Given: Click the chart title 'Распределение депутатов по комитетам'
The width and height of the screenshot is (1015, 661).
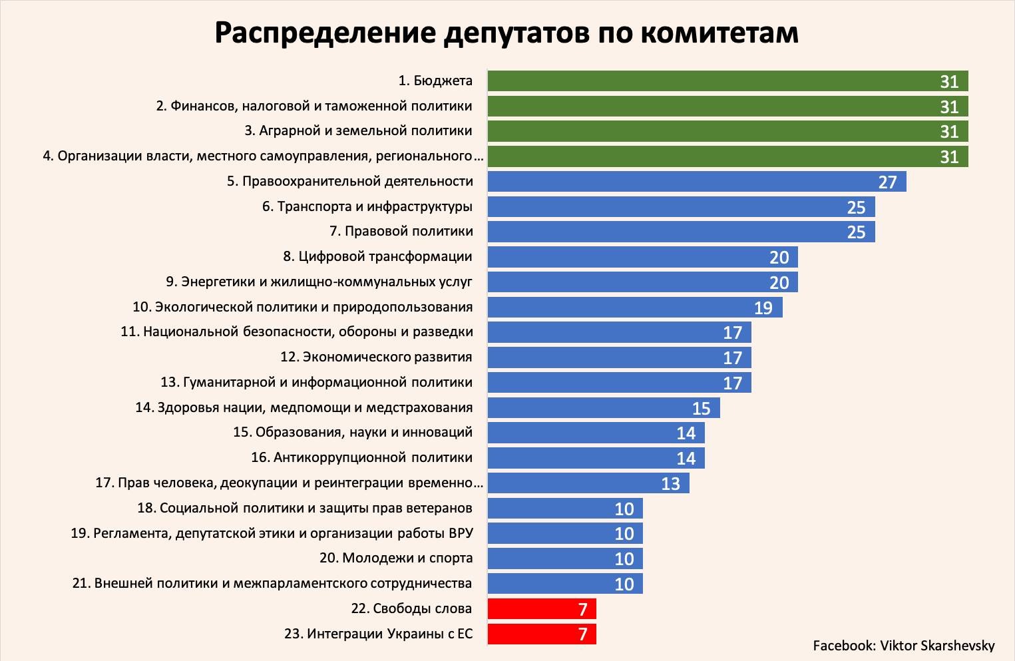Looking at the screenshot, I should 507,32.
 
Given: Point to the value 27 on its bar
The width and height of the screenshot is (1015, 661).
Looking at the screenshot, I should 888,182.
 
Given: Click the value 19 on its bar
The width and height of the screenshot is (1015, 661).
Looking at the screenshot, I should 763,308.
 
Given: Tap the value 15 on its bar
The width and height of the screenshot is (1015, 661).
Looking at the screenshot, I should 702,408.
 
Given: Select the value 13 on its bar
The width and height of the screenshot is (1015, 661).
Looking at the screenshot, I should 670,483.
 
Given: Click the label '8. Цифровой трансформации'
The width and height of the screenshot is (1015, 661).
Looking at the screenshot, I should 377,257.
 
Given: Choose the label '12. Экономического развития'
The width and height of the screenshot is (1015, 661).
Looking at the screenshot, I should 376,357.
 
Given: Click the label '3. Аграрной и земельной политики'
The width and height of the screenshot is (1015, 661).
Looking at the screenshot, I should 358,131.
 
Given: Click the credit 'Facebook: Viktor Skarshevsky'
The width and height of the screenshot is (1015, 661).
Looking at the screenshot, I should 903,646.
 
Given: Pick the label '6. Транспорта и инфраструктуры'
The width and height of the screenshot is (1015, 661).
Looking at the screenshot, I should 367,207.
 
